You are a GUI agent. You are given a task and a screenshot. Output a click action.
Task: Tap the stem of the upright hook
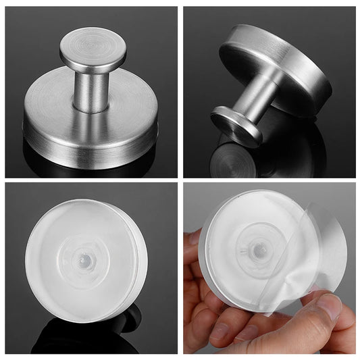tap(90, 88)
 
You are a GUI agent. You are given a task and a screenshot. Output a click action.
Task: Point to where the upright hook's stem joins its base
tap(90, 108)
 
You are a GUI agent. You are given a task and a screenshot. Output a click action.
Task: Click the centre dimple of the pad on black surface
tap(85, 259)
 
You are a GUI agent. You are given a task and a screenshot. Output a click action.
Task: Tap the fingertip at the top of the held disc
tap(195, 237)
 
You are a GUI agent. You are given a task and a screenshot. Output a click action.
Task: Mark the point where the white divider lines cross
tap(180, 181)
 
